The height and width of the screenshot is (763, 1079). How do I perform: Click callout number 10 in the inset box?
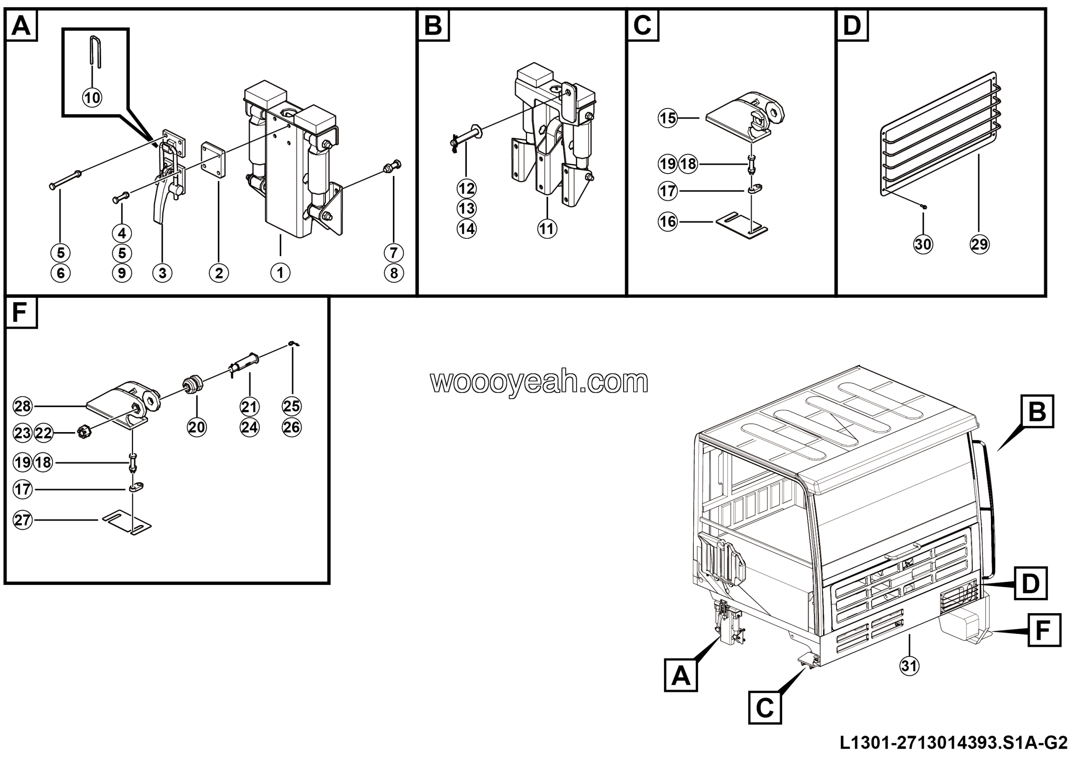[x=92, y=98]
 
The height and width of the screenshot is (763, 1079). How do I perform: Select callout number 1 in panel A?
[x=280, y=273]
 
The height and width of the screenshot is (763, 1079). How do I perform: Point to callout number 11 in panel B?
[x=547, y=229]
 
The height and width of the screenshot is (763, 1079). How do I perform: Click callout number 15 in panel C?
[x=668, y=118]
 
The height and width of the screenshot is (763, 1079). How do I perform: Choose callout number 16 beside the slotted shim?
[x=668, y=222]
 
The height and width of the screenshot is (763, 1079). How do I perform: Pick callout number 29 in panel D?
[x=980, y=244]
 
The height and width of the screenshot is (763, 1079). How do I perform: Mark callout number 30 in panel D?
[x=923, y=244]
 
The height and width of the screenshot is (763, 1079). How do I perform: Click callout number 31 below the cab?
[x=909, y=666]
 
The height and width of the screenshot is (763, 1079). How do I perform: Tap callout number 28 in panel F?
[x=23, y=406]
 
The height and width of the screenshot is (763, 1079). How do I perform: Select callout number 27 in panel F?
[x=23, y=520]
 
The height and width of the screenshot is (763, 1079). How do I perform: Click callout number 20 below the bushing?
[x=197, y=427]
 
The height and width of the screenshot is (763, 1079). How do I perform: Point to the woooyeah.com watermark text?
[x=539, y=382]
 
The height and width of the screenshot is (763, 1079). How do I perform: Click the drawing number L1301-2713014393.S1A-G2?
[x=953, y=743]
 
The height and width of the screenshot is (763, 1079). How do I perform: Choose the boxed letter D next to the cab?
[x=1030, y=583]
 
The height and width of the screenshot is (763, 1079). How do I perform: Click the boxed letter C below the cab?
[x=765, y=707]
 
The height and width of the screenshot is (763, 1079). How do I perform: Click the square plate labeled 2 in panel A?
[x=213, y=160]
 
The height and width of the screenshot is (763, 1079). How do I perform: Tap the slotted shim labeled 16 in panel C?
[x=741, y=225]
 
